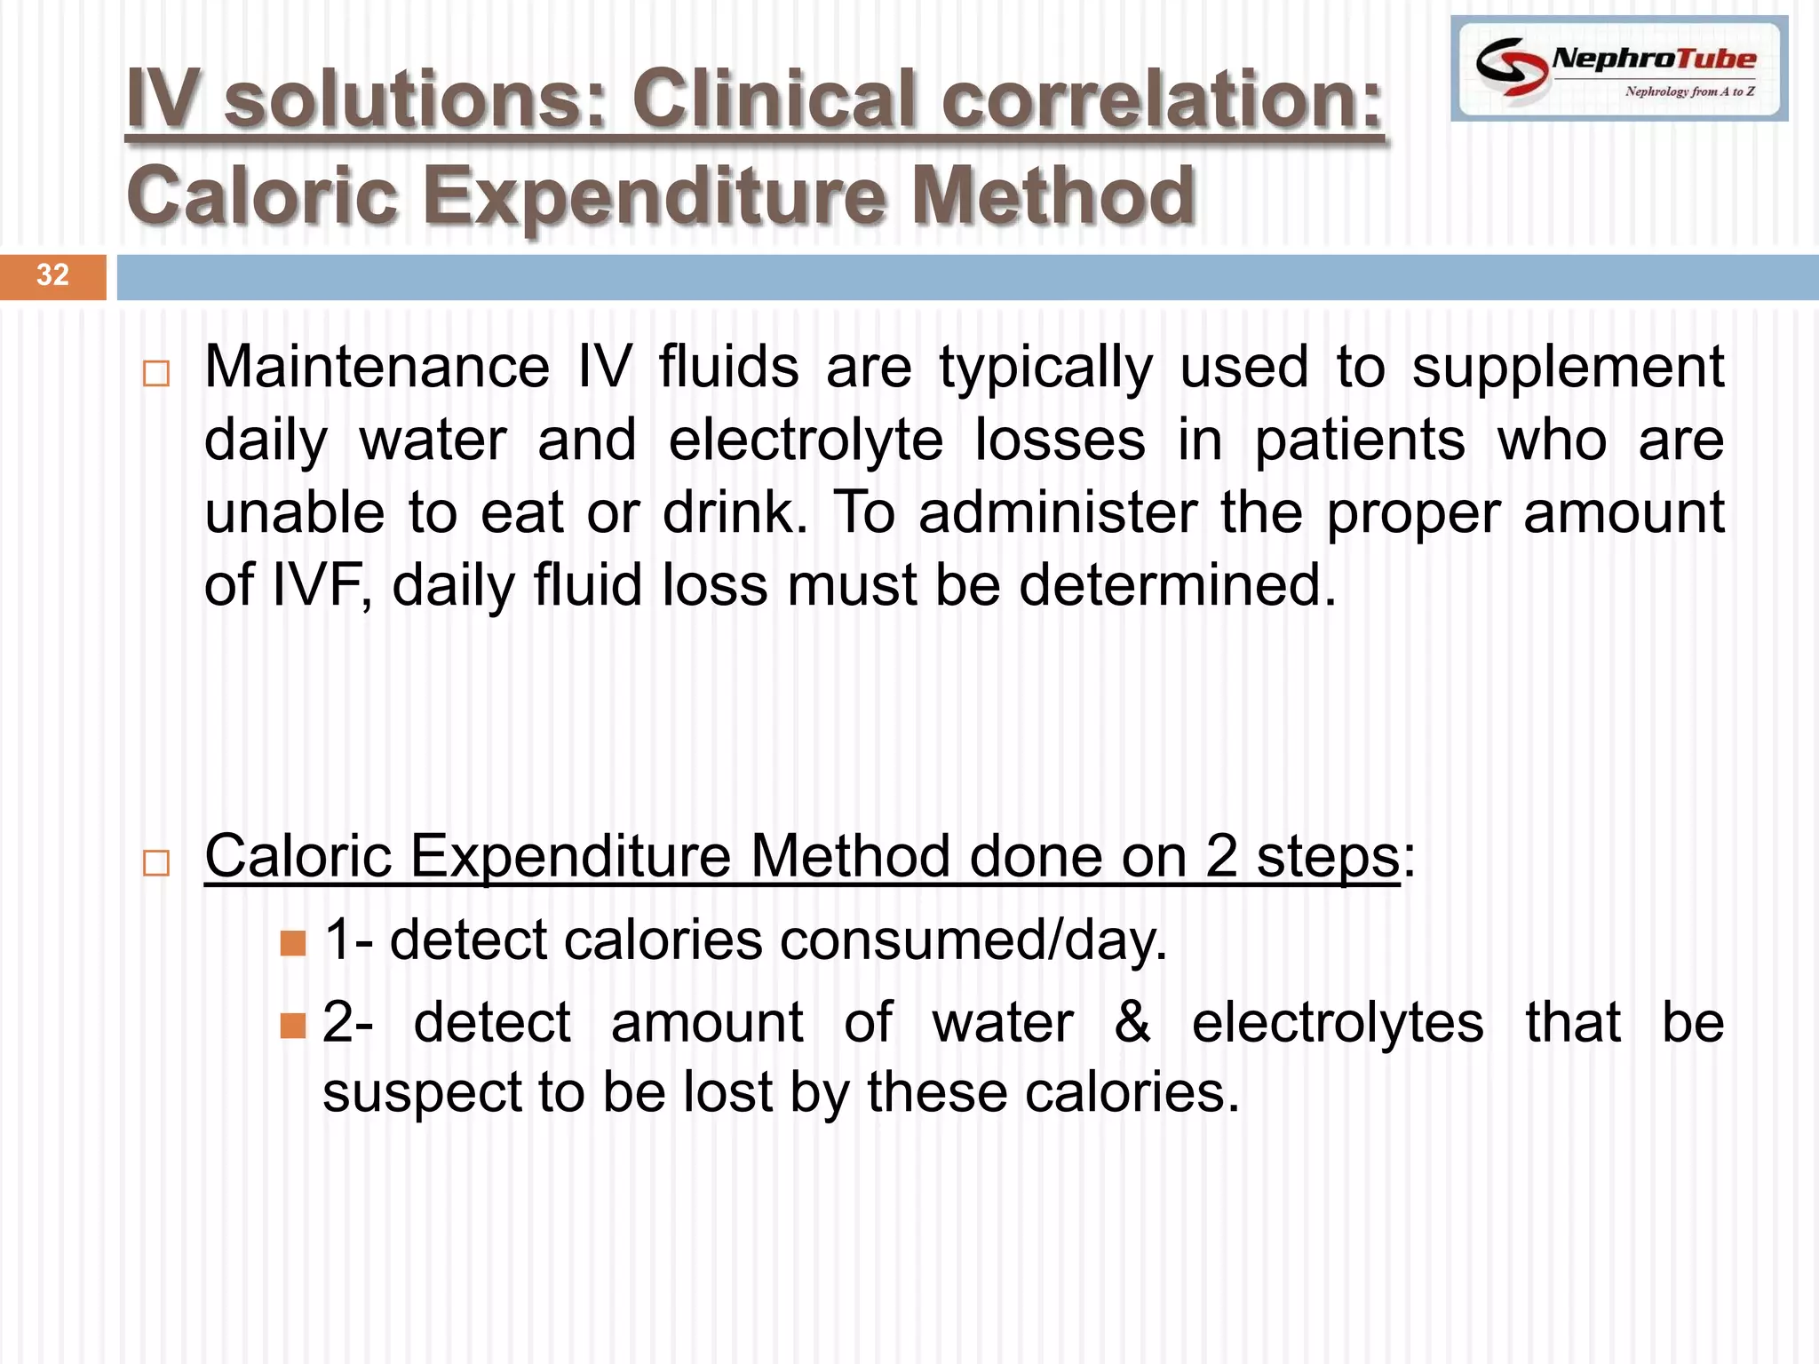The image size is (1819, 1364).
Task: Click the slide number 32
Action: tap(52, 274)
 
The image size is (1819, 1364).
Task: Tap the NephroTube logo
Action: tap(1618, 68)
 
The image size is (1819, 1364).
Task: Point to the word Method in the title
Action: tap(1053, 195)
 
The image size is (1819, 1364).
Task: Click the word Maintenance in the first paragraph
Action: tap(377, 367)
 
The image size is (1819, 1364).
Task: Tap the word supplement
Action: tap(1568, 369)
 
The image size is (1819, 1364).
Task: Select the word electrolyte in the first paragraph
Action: tap(806, 441)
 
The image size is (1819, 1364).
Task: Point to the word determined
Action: tap(1177, 586)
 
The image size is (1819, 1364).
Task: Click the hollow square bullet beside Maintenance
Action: tap(156, 373)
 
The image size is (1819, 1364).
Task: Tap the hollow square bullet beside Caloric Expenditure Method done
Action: tap(156, 862)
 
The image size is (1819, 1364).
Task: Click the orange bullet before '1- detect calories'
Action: tap(292, 942)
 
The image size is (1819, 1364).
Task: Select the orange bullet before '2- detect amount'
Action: tap(292, 1026)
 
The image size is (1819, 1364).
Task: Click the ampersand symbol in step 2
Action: tap(1132, 1022)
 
